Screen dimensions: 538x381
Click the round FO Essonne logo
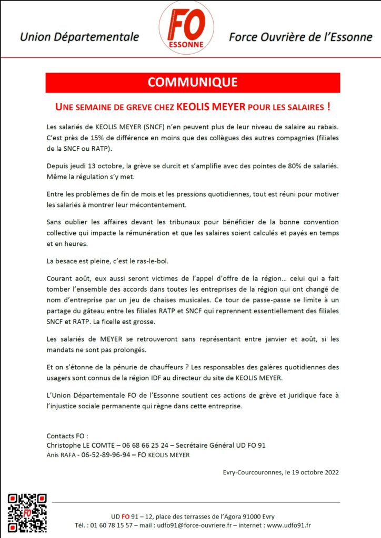186,27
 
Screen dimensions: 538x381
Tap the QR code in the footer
27,513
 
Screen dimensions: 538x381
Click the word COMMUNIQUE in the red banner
193,82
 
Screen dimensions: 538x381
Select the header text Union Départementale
79,37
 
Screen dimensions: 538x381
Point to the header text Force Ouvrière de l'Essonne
300,37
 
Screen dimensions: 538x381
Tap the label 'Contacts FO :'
67,436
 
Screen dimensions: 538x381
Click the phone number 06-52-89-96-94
107,454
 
